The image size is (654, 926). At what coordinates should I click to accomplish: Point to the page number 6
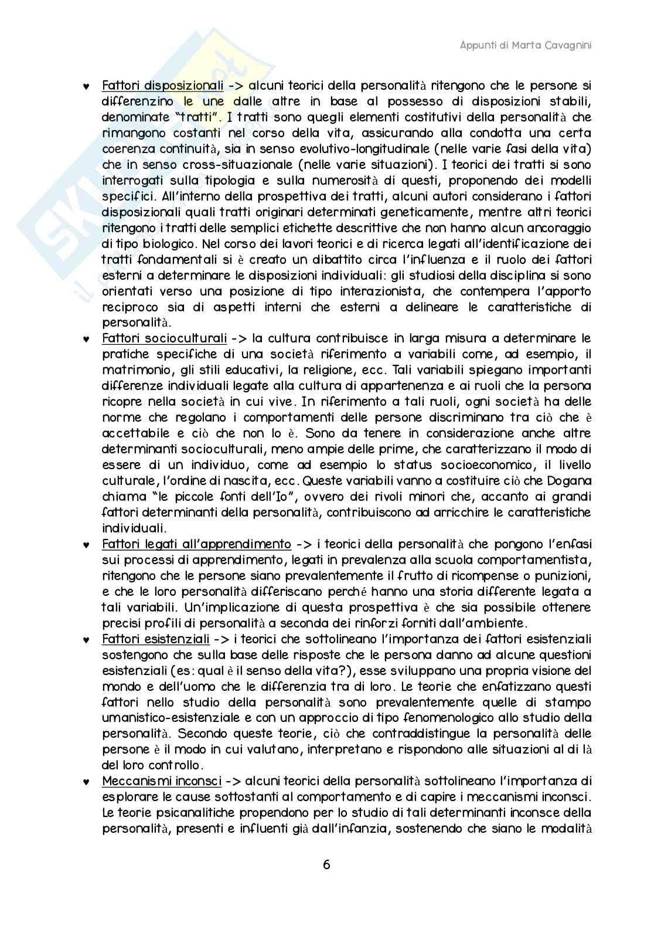(x=326, y=865)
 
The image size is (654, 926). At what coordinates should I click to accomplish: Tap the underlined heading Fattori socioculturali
(x=164, y=338)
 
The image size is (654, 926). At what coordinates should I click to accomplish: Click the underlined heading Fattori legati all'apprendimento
(x=196, y=544)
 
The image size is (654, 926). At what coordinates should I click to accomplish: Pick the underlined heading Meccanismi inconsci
(x=162, y=781)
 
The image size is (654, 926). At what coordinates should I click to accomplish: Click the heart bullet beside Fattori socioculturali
(x=86, y=339)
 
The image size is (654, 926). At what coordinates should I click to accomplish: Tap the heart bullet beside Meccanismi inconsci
(x=86, y=782)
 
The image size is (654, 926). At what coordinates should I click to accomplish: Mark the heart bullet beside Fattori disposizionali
(x=86, y=86)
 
